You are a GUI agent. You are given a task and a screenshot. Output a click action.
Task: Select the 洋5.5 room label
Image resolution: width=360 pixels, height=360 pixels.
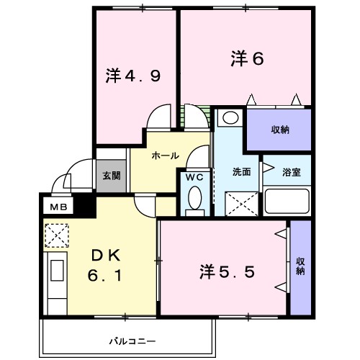pos(226,271)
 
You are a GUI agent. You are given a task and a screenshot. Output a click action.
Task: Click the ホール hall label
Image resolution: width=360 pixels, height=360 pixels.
pos(165,155)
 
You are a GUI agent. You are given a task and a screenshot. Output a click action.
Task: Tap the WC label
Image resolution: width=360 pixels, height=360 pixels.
pos(194,176)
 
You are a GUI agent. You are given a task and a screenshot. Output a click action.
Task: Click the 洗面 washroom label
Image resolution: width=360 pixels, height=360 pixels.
pos(241,172)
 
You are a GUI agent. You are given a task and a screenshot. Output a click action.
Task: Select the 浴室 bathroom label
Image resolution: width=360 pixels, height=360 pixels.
pos(291,172)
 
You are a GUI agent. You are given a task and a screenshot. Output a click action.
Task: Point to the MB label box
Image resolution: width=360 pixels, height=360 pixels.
pos(56,207)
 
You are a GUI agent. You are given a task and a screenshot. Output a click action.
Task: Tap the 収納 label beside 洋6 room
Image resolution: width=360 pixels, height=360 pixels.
pos(280,130)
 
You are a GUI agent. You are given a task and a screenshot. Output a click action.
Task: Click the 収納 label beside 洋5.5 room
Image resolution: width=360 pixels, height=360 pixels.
pos(300,266)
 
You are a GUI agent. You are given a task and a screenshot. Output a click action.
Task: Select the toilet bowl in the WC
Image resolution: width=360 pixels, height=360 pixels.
pos(194,199)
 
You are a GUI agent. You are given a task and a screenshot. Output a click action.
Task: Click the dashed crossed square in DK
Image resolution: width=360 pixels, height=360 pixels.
pos(56,235)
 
